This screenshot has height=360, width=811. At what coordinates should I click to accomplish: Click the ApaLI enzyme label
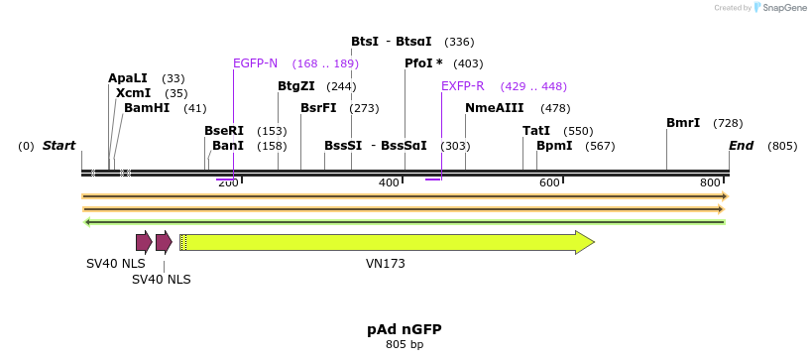(128, 78)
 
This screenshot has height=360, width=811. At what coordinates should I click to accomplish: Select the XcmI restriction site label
(133, 93)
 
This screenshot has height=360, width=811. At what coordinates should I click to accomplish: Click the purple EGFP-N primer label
(256, 63)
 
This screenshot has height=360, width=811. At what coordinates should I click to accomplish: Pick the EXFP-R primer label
(463, 86)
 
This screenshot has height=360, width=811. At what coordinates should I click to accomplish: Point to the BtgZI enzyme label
(296, 86)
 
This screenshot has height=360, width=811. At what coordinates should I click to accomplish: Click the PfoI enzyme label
(423, 63)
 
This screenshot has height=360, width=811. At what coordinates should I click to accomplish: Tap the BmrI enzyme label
(683, 123)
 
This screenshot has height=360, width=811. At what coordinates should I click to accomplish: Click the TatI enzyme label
(536, 131)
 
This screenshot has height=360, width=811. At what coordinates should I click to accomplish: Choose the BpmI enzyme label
(554, 146)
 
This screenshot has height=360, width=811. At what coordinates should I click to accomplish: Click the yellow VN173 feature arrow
(387, 242)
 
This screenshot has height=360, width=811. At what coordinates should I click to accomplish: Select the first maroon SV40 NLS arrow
(144, 242)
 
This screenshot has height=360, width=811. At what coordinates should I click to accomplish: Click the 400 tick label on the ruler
(389, 182)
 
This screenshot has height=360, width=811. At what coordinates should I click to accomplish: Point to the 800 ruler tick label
(710, 182)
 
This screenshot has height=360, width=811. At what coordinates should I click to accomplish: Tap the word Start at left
(58, 146)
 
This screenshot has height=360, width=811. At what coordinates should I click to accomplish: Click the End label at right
(741, 146)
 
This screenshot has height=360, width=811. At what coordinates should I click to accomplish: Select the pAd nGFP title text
(405, 328)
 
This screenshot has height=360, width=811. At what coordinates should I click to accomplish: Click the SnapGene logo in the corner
(781, 8)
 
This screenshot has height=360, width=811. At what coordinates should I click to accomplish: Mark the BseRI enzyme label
(224, 131)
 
